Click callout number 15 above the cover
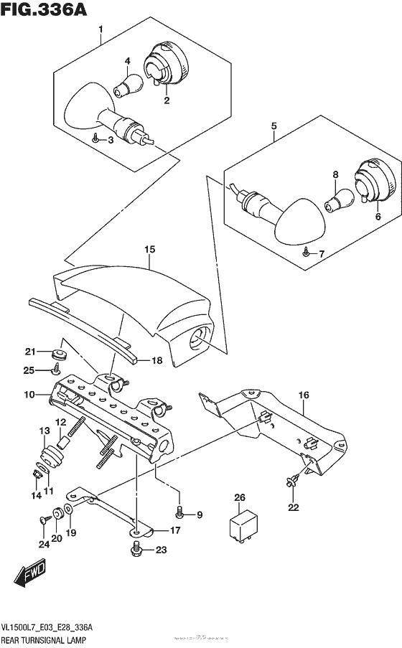click(149, 250)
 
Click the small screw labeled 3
click(96, 139)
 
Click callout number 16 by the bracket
click(303, 394)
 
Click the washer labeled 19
click(67, 511)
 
